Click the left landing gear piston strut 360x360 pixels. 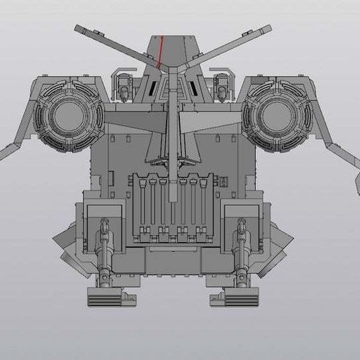pyautogui.click(x=105, y=251)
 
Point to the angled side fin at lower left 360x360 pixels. pyautogui.click(x=64, y=241)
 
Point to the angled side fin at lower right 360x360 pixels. pyautogui.click(x=279, y=241)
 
